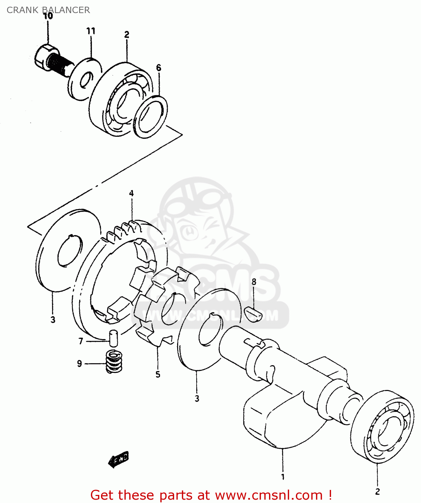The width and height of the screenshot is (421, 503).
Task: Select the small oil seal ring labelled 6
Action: [151, 117]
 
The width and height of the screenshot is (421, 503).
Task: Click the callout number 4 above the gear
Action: [131, 193]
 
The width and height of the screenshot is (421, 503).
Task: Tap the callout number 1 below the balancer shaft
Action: [283, 477]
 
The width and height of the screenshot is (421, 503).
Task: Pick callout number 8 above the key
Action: [254, 282]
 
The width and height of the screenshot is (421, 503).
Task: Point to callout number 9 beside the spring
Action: [80, 364]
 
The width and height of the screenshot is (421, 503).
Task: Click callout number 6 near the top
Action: [159, 68]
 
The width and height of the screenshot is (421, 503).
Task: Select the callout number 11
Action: [91, 31]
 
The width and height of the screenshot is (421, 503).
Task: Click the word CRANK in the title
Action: [22, 10]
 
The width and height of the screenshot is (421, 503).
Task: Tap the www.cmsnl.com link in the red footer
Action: [268, 495]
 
